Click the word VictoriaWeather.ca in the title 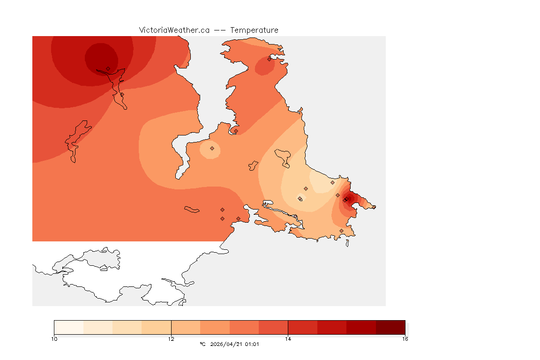[x=174, y=30]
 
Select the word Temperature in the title [x=254, y=30]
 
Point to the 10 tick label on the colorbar [x=54, y=339]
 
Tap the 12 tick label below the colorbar [x=171, y=339]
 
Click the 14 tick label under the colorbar [x=288, y=339]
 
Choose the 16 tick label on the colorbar [x=405, y=339]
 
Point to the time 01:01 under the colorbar [x=252, y=344]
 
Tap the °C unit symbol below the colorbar [x=202, y=344]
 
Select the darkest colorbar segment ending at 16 [x=390, y=327]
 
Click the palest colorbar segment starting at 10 [x=69, y=327]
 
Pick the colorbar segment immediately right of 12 [x=186, y=327]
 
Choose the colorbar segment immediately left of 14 [x=273, y=327]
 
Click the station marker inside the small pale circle [x=212, y=148]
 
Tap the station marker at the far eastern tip [x=374, y=207]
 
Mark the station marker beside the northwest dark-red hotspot [x=108, y=68]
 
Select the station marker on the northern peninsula [x=269, y=59]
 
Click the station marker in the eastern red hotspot [x=345, y=200]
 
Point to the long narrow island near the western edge [x=75, y=141]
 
